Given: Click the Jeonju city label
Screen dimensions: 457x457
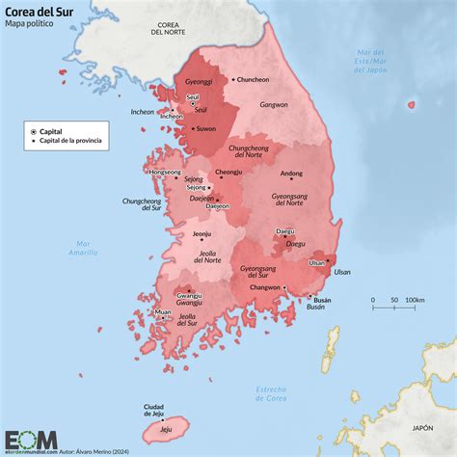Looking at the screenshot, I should click(x=202, y=233).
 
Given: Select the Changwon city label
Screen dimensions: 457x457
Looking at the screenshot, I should click(x=265, y=287).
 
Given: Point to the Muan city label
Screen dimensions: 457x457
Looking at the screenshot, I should click(x=162, y=312).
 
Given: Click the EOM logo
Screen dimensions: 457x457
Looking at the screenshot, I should click(x=31, y=440).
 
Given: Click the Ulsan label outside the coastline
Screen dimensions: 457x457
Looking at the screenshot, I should click(x=342, y=272).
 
